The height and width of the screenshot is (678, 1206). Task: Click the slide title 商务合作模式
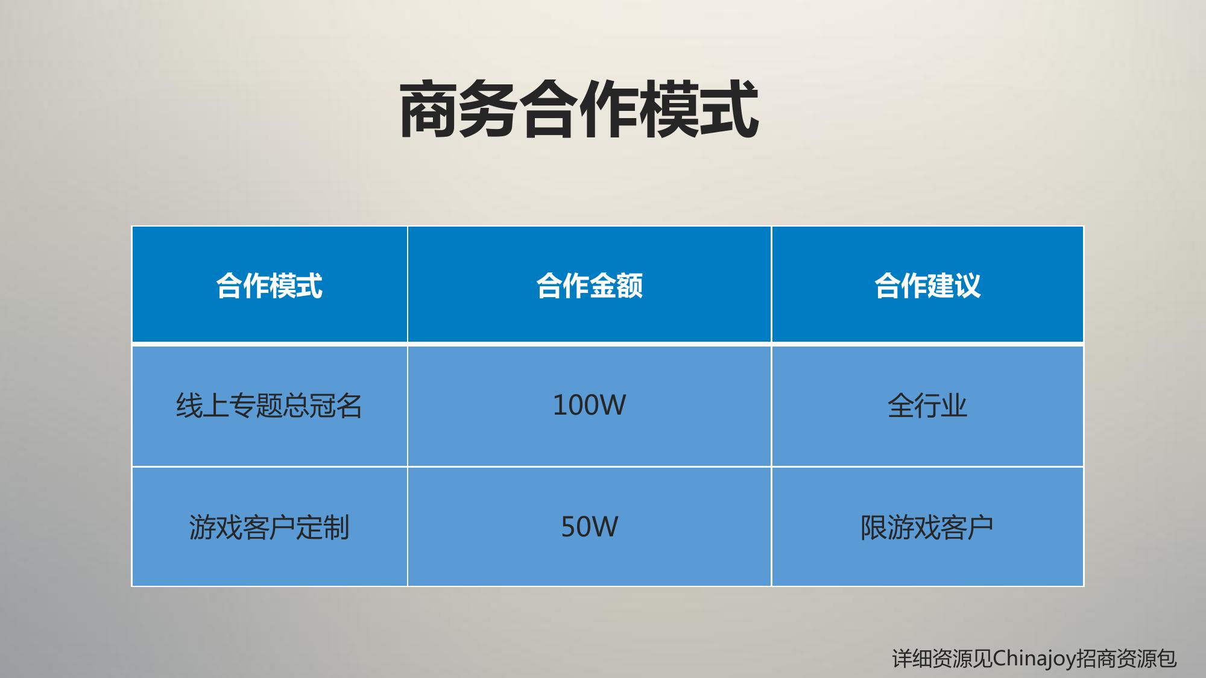tap(579, 110)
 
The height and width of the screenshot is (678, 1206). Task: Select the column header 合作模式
tap(270, 285)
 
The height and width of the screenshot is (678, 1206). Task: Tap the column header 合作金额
tap(590, 285)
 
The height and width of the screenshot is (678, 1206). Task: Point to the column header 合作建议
tap(927, 285)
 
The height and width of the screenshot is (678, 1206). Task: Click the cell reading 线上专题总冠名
tap(269, 405)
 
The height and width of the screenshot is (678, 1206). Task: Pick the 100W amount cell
tap(589, 405)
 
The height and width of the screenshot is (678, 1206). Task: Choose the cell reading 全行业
tap(927, 405)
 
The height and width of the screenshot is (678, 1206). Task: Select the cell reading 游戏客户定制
tap(269, 527)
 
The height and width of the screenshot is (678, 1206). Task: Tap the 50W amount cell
tap(589, 527)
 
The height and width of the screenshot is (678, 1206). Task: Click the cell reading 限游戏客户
tap(927, 527)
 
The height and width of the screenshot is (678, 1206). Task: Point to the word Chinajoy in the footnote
tap(1035, 658)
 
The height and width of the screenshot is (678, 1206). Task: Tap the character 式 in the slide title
tap(730, 110)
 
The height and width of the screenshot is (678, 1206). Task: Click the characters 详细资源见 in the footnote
tap(942, 658)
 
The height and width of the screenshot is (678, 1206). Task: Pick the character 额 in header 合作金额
tap(630, 285)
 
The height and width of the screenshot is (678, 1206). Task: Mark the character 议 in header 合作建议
tap(968, 285)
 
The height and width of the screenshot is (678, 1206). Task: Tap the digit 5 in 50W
tap(568, 527)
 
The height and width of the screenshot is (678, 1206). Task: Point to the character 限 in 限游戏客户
tap(874, 527)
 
